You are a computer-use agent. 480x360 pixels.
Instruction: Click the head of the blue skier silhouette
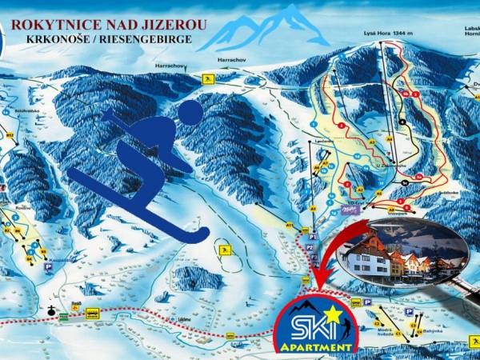point(190,113)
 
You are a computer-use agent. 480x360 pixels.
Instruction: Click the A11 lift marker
point(289,227)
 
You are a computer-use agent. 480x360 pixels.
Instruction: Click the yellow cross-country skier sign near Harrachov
point(208,79)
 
